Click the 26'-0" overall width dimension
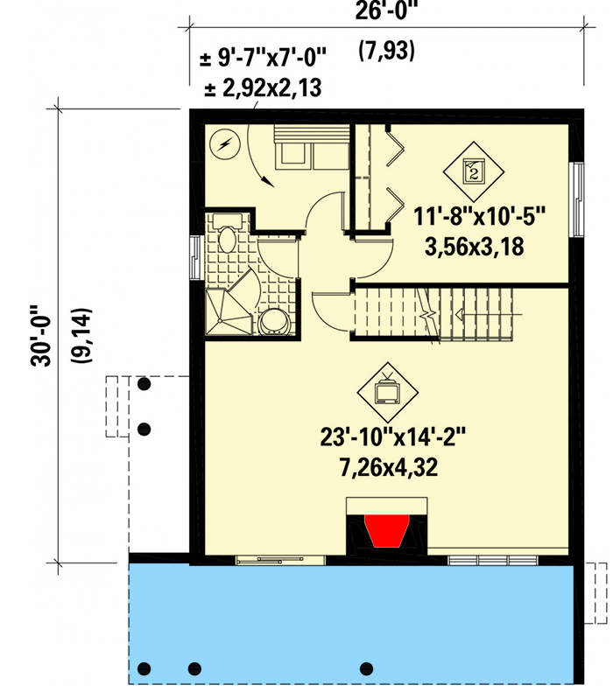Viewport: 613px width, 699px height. (x=386, y=13)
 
